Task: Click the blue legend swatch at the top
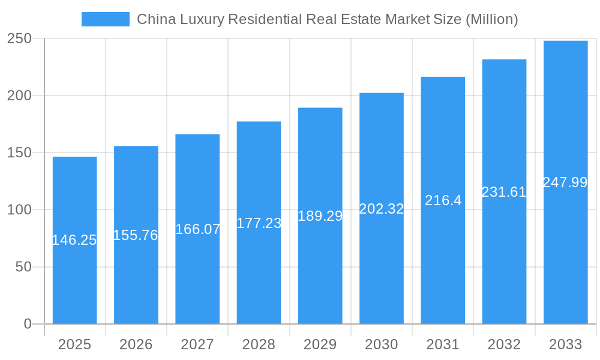(x=106, y=19)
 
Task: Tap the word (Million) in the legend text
(x=491, y=19)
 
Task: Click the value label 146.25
(x=74, y=240)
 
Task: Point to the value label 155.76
(x=136, y=235)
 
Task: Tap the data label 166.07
(x=197, y=229)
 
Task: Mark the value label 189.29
(x=320, y=216)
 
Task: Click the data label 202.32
(x=381, y=209)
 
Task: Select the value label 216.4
(x=443, y=200)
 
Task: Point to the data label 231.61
(x=504, y=192)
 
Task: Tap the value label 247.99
(x=565, y=182)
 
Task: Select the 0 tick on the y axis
(x=27, y=324)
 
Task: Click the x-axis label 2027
(x=197, y=344)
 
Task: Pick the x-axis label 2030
(x=381, y=344)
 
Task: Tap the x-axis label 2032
(x=504, y=344)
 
